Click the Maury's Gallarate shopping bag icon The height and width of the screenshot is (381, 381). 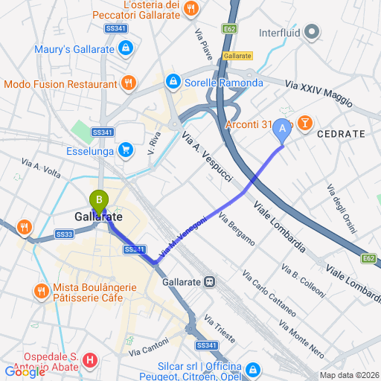point(127,49)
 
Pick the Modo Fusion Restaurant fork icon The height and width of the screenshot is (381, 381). point(129,84)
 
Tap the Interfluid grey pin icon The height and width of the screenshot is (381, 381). point(313,32)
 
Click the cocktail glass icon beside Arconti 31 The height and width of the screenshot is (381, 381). point(304,123)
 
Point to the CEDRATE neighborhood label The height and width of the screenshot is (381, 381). point(342,135)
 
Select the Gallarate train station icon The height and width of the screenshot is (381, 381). point(211,281)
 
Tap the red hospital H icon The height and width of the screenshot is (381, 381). point(91,361)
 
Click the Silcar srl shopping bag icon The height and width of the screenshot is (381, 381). point(253,368)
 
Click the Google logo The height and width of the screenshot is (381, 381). point(24,372)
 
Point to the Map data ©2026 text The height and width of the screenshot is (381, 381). point(350,375)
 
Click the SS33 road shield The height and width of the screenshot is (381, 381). point(65,234)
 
